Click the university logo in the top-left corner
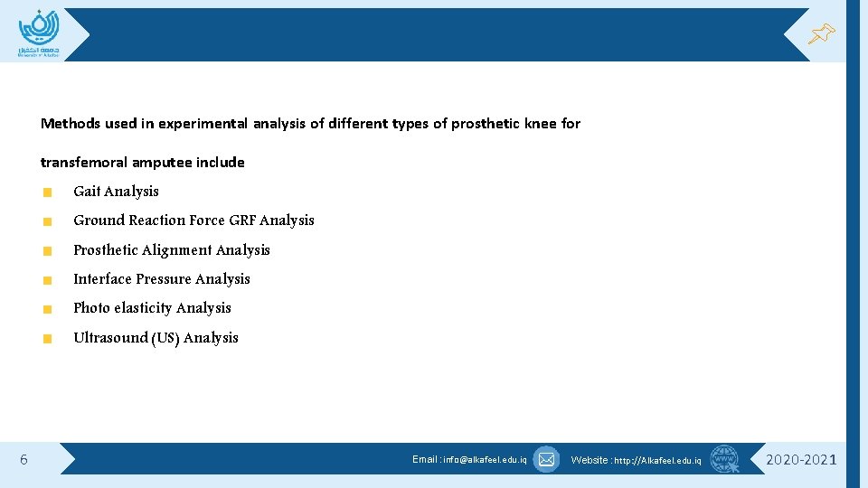(x=38, y=33)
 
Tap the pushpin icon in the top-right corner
(x=821, y=34)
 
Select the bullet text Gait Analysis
(x=116, y=192)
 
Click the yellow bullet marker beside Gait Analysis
(x=48, y=192)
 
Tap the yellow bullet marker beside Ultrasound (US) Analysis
(x=48, y=339)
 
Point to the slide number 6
(x=24, y=460)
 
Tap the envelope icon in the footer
(x=546, y=459)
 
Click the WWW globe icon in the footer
(x=724, y=459)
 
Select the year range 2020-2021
(x=801, y=460)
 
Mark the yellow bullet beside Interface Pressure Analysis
(x=48, y=280)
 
